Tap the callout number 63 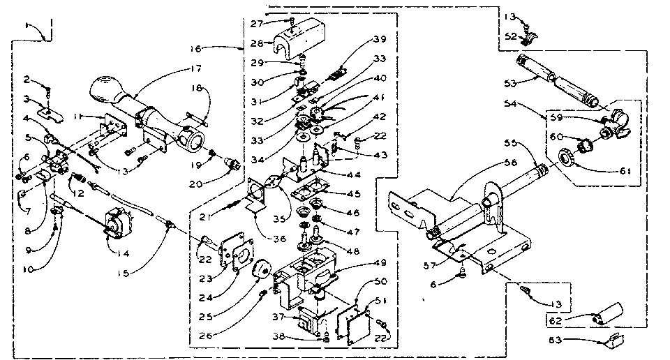point(554,340)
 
